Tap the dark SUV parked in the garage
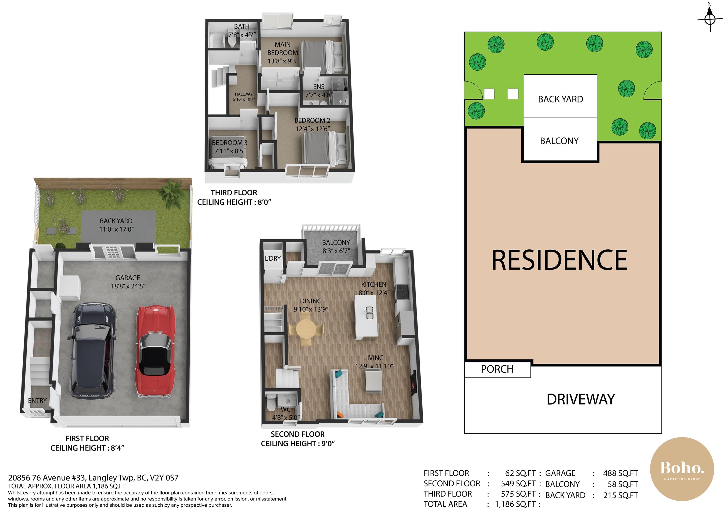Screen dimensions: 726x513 (x=92, y=351)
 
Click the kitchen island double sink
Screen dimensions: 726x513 (x=370, y=313)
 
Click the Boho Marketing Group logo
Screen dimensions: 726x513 (x=682, y=469)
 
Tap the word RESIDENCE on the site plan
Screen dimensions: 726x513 (x=559, y=260)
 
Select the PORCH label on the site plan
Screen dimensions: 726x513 (x=497, y=369)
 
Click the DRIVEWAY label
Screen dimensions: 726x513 (x=581, y=399)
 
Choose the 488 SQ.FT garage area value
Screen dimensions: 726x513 (x=620, y=473)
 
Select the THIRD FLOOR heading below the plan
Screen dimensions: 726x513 (x=234, y=193)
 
